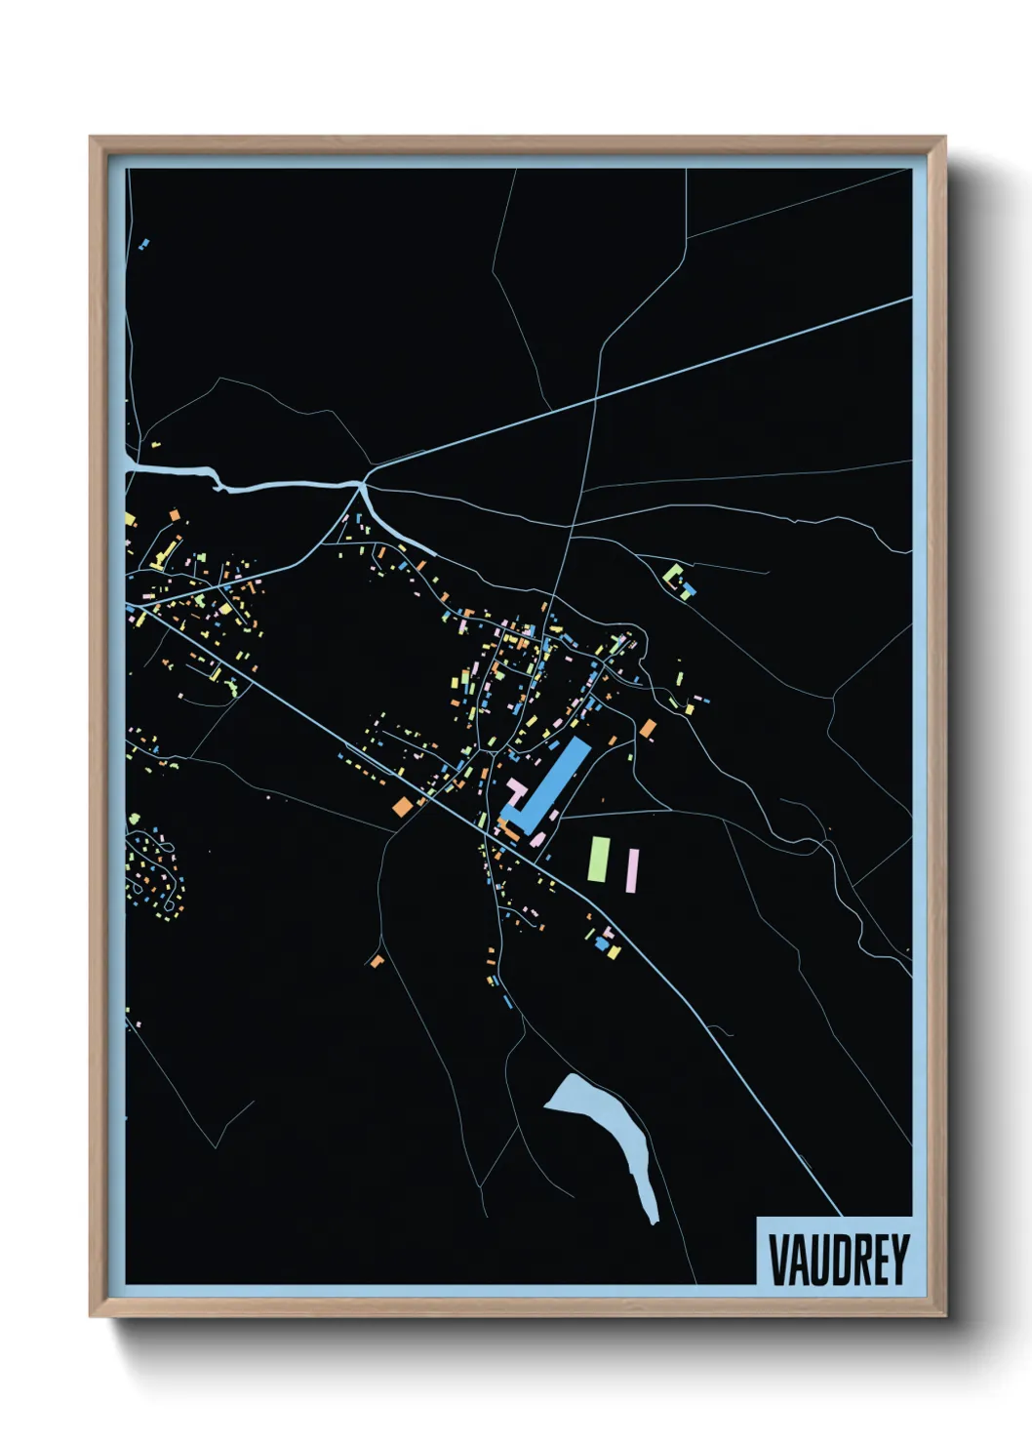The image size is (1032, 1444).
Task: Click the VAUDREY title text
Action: pyautogui.click(x=838, y=1260)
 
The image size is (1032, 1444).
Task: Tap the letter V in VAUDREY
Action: pyautogui.click(x=779, y=1260)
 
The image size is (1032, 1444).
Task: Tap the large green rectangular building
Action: pyautogui.click(x=598, y=859)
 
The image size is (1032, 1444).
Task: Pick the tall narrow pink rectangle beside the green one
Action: pyautogui.click(x=632, y=869)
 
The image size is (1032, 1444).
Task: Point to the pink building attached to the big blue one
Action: pyautogui.click(x=513, y=788)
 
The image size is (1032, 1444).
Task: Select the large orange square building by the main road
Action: pyautogui.click(x=402, y=806)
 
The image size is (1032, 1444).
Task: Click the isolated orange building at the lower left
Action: pyautogui.click(x=377, y=961)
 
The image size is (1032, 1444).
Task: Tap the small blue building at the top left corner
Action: pyautogui.click(x=145, y=242)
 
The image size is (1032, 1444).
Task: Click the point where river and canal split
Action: pyautogui.click(x=362, y=485)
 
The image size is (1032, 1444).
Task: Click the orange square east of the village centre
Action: pyautogui.click(x=648, y=727)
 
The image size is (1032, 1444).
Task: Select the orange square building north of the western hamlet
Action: pyautogui.click(x=174, y=514)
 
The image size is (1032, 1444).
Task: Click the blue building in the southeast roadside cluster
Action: pyautogui.click(x=602, y=944)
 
